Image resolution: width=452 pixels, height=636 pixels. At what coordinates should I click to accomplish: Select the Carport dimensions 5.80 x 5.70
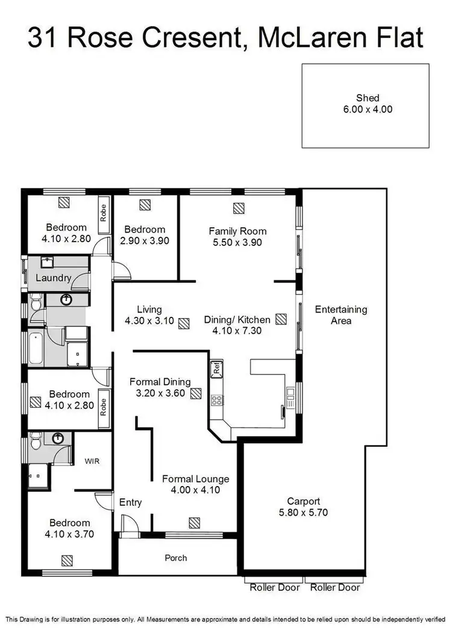tap(303, 513)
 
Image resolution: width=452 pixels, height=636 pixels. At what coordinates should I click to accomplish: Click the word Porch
tap(176, 558)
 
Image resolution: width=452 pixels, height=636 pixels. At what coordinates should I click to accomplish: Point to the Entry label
tap(130, 502)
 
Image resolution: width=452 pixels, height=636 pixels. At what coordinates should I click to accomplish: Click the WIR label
tap(92, 461)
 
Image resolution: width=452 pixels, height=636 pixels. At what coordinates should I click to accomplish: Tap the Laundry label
tap(54, 278)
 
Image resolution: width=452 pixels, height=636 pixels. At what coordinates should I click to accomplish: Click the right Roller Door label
tap(335, 587)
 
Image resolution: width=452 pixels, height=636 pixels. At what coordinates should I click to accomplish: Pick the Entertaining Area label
tap(341, 315)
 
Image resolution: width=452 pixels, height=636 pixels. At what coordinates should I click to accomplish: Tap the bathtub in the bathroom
tap(36, 349)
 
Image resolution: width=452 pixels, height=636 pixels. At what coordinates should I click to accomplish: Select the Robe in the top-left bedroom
tap(103, 212)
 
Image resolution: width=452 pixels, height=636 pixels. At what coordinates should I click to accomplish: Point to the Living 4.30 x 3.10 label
tap(149, 316)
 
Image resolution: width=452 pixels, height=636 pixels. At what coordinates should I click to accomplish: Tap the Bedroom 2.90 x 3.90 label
tap(145, 235)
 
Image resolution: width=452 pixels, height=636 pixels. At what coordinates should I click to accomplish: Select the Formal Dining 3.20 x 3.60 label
tap(160, 387)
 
